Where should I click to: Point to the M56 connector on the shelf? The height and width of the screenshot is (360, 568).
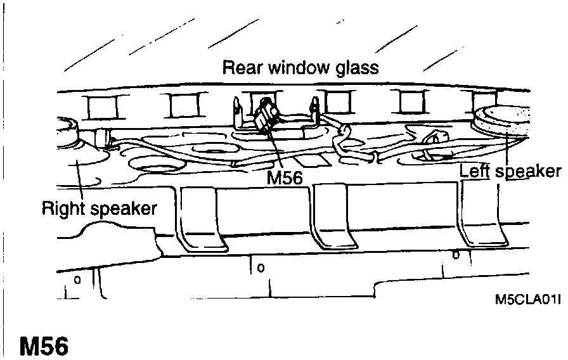click(x=266, y=115)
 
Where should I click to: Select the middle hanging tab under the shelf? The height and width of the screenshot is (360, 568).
click(x=333, y=219)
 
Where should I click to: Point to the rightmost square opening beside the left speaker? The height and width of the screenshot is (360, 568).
click(x=482, y=101)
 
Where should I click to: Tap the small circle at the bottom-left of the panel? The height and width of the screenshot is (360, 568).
click(x=77, y=279)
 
